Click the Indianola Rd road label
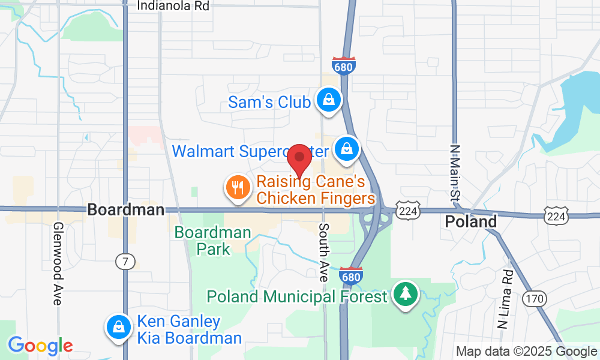(x=173, y=6)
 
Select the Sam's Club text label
(x=269, y=102)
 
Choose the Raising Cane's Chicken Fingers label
(x=316, y=189)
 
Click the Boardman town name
(x=125, y=209)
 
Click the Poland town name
(x=471, y=221)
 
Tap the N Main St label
(x=455, y=173)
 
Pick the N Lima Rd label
(x=504, y=299)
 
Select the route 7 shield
(x=125, y=261)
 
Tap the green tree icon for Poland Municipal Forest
(x=406, y=294)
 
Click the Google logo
(x=40, y=346)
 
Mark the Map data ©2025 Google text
(x=526, y=352)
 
